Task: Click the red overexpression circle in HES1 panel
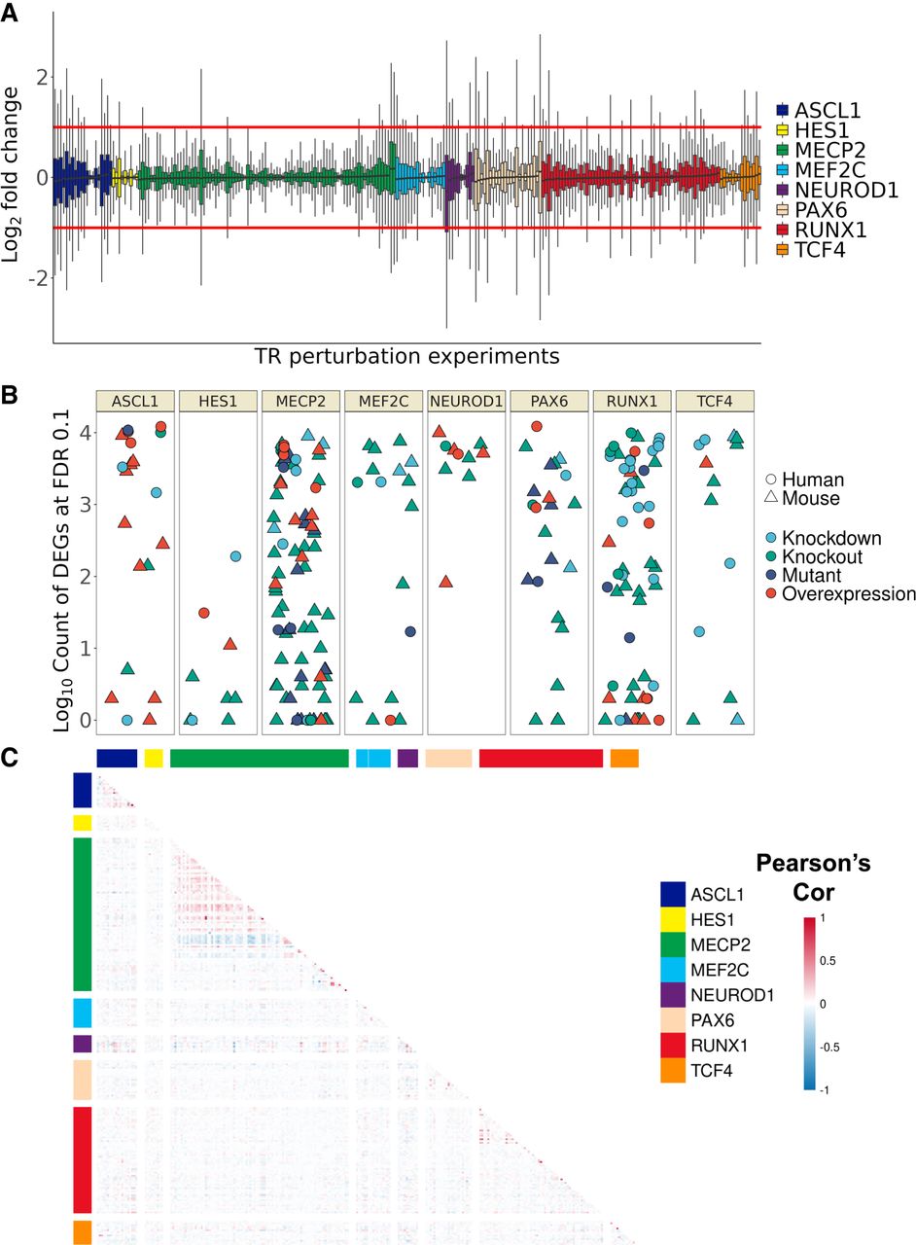click(204, 613)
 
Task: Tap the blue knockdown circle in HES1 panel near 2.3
click(235, 556)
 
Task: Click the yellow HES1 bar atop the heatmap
click(153, 758)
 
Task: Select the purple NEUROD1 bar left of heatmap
click(82, 1044)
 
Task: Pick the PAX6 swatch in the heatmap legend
click(672, 1020)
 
